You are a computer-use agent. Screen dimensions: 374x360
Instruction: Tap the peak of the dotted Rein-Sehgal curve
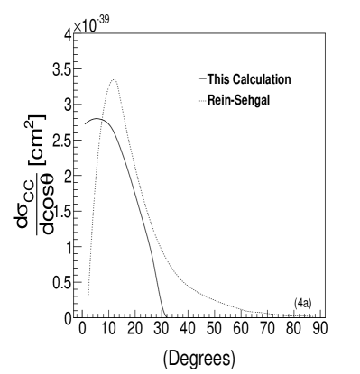(x=114, y=80)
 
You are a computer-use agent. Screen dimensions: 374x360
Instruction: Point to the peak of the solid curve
(x=97, y=118)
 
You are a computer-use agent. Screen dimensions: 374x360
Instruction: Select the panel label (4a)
(x=303, y=302)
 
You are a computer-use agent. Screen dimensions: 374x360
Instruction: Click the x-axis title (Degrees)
(x=200, y=357)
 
